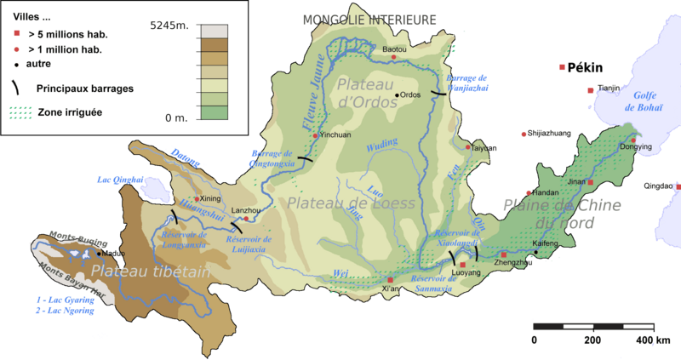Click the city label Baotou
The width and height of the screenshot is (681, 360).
[395, 50]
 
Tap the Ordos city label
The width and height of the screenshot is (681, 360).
[411, 94]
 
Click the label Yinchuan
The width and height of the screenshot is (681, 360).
[334, 135]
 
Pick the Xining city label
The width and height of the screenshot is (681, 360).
[209, 198]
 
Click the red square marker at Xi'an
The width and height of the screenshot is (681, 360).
[391, 280]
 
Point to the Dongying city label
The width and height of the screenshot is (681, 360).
[636, 146]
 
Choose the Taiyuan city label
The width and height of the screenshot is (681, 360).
[484, 148]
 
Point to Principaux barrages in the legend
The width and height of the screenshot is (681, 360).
[84, 87]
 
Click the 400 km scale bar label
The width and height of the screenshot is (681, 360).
[650, 340]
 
